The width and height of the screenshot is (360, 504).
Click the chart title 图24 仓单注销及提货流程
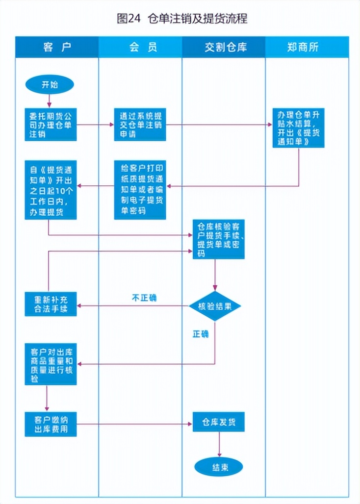click(x=182, y=19)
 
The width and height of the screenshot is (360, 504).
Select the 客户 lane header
click(x=57, y=47)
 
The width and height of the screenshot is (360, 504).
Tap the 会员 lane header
click(x=140, y=47)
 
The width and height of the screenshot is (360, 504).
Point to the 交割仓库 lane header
click(x=224, y=47)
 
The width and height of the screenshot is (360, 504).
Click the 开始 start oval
click(x=50, y=84)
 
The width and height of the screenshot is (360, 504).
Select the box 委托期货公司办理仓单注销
click(x=51, y=125)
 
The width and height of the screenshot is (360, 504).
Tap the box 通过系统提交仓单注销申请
click(x=140, y=125)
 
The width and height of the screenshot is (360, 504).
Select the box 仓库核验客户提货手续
click(x=218, y=239)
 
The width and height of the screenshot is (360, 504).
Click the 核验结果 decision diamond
click(x=215, y=306)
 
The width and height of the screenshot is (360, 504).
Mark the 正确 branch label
click(x=200, y=334)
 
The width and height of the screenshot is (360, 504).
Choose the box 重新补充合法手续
click(x=51, y=304)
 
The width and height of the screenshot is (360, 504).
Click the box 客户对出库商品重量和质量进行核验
click(x=51, y=364)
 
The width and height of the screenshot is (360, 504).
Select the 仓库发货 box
click(x=218, y=422)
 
